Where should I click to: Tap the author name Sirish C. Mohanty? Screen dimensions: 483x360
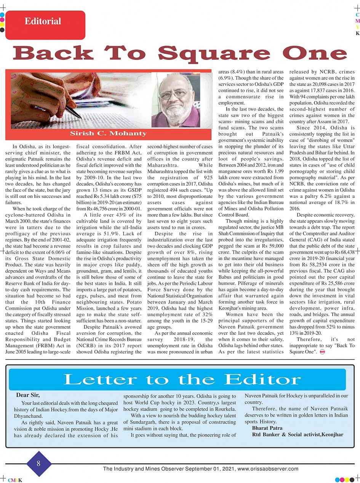coord(108,133)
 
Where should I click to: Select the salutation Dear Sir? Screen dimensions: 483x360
coord(28,395)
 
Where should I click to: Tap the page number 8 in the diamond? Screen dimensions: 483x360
coord(38,464)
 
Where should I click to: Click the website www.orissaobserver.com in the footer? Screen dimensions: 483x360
coord(268,469)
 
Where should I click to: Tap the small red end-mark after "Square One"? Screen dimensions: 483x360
coord(322,352)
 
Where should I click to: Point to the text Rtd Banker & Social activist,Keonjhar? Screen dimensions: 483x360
coord(298,435)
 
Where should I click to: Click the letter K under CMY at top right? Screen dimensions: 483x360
coord(357,34)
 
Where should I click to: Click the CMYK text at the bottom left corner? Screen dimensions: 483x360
coord(15,480)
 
